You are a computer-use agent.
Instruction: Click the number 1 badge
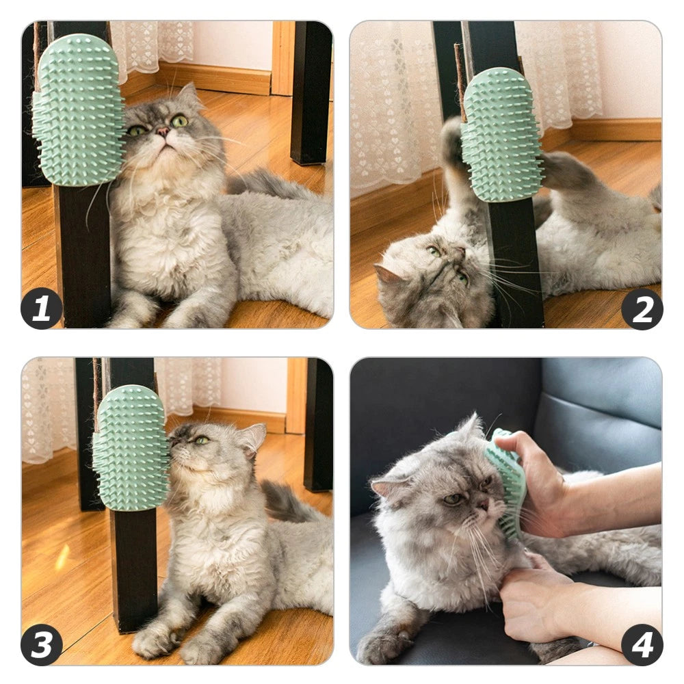click(x=41, y=308)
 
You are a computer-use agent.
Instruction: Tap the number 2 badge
click(x=642, y=309)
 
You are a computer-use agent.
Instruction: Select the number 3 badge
click(x=41, y=644)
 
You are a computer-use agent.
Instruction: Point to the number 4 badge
click(x=642, y=644)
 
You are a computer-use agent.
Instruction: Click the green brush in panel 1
click(x=78, y=109)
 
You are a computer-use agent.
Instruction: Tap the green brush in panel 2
click(x=501, y=134)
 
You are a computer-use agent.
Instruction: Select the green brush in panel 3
click(x=131, y=447)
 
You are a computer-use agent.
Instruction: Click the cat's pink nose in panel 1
click(x=163, y=131)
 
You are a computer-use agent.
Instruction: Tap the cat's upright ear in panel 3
click(x=252, y=438)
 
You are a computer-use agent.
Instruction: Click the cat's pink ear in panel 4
click(x=384, y=488)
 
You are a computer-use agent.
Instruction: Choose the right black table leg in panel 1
click(x=311, y=92)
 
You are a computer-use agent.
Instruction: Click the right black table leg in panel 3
click(x=318, y=424)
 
